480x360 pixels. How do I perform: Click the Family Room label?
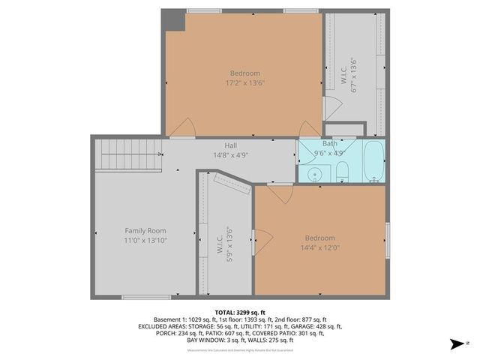coord(145,230)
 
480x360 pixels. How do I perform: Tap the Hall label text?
coord(230,145)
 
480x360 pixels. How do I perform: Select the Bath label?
coord(330,143)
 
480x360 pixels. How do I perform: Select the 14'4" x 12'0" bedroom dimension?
coord(320,247)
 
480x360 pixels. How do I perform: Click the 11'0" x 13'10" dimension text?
coord(145,240)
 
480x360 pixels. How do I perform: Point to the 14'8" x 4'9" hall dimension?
coord(230,155)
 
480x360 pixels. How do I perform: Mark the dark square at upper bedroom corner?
coord(175,19)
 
